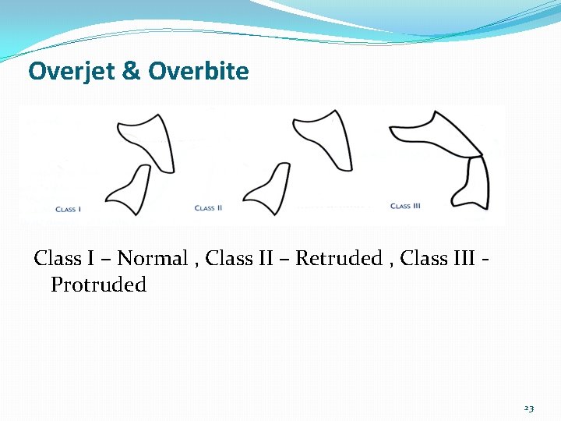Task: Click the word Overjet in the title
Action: [70, 72]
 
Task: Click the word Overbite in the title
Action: [199, 72]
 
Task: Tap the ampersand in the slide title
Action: [131, 72]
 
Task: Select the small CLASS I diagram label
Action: [69, 209]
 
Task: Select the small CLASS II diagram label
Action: [208, 208]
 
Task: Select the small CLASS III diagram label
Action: [405, 206]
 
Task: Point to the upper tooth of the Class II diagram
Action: [323, 136]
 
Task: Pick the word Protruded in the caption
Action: [98, 285]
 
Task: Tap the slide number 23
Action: [529, 409]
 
